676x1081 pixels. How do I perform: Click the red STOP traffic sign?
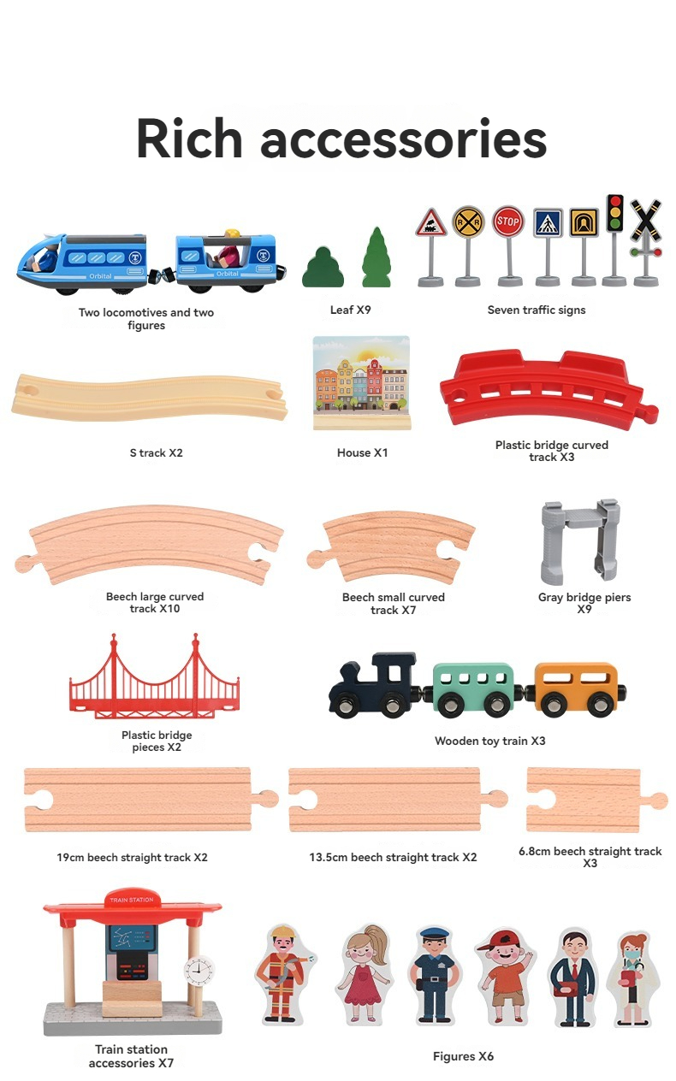(507, 222)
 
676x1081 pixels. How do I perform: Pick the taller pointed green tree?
(376, 257)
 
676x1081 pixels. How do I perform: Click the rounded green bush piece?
(323, 267)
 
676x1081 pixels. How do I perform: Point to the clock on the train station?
(199, 970)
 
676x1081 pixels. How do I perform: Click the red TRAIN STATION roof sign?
(131, 900)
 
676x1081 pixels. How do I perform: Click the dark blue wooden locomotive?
(374, 684)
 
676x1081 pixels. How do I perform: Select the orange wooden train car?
(574, 687)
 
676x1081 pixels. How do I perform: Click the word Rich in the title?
(189, 138)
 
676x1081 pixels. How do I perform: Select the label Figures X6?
(463, 1056)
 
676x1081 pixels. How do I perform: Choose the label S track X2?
(156, 452)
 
